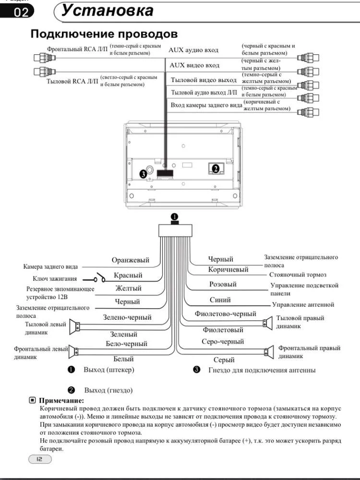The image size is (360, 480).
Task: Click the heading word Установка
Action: click(108, 11)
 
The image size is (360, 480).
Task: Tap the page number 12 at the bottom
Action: click(40, 459)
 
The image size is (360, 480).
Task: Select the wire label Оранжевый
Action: click(131, 260)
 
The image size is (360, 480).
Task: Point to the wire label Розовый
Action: click(223, 284)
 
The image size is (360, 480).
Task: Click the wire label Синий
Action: click(220, 300)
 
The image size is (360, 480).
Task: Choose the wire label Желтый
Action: click(128, 288)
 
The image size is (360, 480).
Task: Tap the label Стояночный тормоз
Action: click(298, 275)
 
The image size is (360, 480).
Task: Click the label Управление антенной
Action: click(303, 305)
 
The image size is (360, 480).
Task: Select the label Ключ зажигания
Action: click(55, 278)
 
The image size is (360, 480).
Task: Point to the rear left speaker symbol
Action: click(74, 326)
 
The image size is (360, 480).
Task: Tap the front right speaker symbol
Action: click(269, 352)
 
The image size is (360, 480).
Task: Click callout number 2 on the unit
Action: click(216, 168)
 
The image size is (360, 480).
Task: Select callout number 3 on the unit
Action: click(143, 174)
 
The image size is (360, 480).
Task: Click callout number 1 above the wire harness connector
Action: click(174, 217)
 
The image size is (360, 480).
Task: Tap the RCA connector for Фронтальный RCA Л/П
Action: click(45, 58)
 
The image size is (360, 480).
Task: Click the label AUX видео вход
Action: click(194, 65)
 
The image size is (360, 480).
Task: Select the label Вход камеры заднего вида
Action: click(206, 105)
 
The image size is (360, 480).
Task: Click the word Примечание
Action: click(61, 400)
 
